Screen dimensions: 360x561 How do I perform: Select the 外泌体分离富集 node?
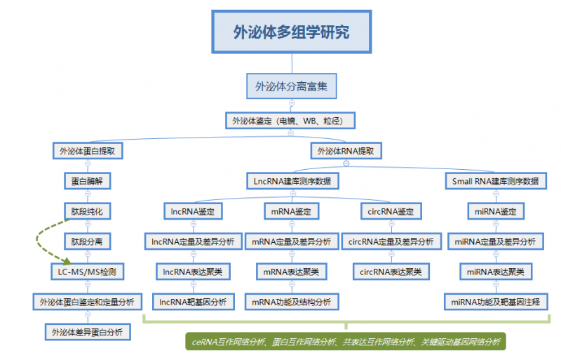291,87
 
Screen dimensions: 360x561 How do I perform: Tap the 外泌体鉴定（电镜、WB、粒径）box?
291,121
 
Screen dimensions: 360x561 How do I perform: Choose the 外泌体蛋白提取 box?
88,151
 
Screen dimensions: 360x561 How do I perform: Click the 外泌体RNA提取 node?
346,151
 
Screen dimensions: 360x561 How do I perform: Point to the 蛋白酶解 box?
88,181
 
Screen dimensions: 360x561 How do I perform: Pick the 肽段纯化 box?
88,211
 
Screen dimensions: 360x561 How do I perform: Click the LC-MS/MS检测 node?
88,271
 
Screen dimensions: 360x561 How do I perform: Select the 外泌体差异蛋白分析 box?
88,331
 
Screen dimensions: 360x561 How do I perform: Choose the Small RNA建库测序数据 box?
496,181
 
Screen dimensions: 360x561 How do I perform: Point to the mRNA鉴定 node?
291,211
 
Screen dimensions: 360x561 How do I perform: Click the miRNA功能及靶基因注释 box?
496,302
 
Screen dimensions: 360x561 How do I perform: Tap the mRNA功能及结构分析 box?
291,302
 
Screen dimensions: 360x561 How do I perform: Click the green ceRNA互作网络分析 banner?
346,342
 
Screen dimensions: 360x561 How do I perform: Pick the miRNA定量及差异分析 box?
496,241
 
